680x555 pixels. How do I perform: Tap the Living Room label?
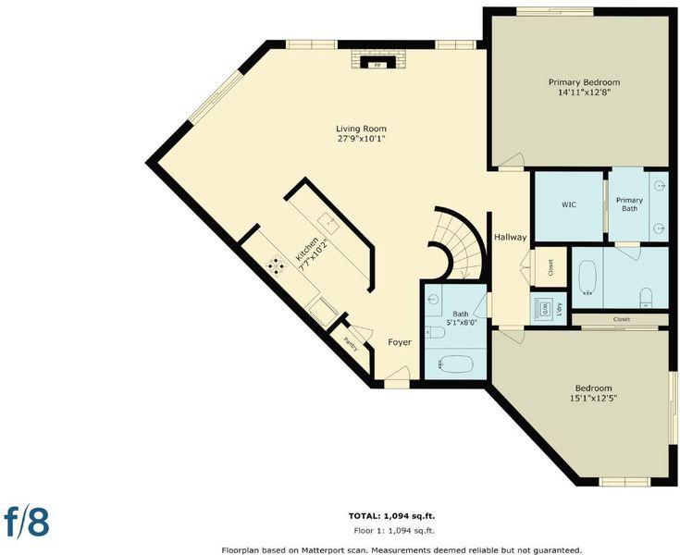pos(361,129)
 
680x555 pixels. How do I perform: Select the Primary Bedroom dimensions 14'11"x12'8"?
pos(584,92)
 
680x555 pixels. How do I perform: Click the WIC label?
pos(569,204)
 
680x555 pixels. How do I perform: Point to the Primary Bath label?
pos(629,204)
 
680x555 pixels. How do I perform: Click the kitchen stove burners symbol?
pos(277,265)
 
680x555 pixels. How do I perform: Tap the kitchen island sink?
pos(328,222)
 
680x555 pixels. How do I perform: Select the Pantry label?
pos(351,344)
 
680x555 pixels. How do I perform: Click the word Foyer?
pos(400,342)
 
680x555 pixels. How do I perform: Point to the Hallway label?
pos(511,237)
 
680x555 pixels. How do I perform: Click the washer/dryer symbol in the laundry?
pos(544,309)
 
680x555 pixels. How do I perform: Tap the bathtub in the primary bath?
pos(587,277)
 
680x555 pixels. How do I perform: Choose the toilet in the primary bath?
pos(646,297)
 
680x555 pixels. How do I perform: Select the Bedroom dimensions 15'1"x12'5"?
pos(594,398)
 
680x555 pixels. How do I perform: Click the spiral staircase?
pos(458,242)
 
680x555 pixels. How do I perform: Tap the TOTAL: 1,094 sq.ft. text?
pos(391,516)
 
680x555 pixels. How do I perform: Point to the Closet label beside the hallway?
pos(550,267)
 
